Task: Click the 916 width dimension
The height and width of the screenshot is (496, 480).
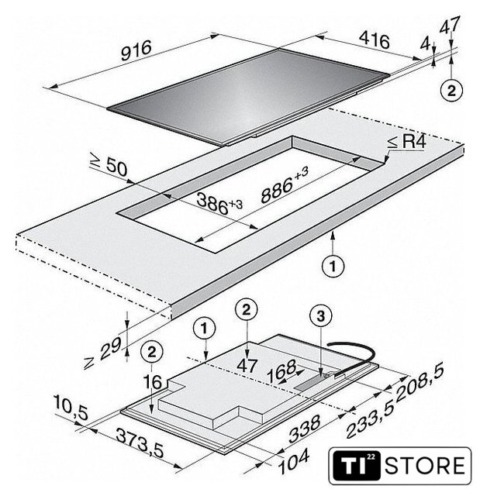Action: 136,50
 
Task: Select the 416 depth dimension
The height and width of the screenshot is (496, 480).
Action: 375,40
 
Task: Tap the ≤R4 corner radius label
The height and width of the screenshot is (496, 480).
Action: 407,142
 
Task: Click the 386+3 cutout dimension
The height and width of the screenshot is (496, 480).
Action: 219,203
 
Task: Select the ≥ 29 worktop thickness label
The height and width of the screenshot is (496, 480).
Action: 102,353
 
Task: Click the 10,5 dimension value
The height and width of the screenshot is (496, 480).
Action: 71,408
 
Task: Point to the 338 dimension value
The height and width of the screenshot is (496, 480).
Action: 304,429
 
